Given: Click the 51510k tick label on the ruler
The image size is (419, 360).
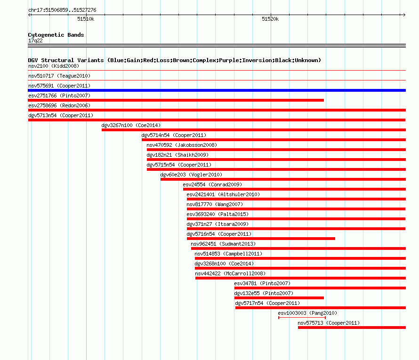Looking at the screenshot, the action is click(86, 19).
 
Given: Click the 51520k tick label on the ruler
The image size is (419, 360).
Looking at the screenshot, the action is click(270, 19).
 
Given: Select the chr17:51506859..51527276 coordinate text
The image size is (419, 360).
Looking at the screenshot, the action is click(62, 10).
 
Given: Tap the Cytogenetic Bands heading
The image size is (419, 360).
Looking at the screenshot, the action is click(56, 35).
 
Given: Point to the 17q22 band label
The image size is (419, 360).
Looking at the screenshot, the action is click(35, 40).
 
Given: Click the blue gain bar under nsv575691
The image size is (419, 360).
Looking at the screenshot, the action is click(217, 90).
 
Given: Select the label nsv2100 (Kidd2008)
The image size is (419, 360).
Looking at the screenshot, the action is click(54, 66).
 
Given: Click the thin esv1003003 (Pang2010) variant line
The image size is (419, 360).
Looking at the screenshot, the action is click(302, 318).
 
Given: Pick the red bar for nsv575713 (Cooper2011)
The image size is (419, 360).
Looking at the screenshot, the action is click(352, 328).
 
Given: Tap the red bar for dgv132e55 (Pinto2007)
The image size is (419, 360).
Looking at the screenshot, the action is click(279, 298).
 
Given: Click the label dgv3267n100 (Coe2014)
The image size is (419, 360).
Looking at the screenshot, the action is click(131, 125).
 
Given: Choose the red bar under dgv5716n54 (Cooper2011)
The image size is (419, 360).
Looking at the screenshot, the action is click(261, 239).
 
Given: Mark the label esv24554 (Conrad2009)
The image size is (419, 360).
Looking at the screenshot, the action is click(212, 184).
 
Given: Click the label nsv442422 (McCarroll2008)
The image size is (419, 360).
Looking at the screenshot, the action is click(230, 273).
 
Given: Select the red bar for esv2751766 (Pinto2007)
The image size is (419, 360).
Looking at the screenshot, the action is click(176, 100).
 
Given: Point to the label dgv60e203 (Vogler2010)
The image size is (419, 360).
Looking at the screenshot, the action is click(191, 175).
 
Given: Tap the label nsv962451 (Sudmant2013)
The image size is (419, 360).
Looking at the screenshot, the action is click(223, 244).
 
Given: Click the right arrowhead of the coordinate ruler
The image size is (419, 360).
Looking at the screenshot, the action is click(404, 15).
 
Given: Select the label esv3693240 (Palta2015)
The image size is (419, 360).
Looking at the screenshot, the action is click(218, 214).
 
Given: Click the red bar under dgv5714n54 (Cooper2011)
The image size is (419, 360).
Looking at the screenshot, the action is click(274, 140).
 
